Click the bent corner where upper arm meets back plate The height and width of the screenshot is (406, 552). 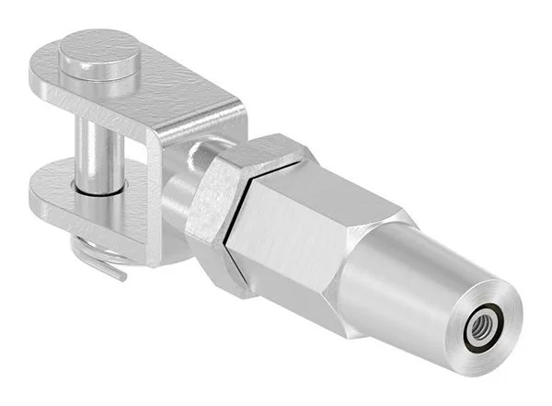click(230, 107)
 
